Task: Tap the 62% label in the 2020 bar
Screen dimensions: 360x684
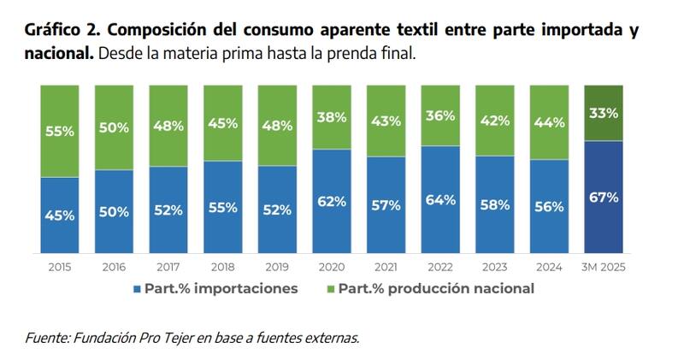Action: [331, 202]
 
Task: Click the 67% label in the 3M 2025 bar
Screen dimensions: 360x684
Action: [604, 198]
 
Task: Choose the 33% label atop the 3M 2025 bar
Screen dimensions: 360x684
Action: [604, 113]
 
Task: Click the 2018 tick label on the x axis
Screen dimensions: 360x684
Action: [222, 267]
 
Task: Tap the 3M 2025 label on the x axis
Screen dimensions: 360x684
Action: [603, 267]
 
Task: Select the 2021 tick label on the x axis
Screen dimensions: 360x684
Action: [386, 267]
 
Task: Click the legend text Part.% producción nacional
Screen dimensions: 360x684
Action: [436, 289]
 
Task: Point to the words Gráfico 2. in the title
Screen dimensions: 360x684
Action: [62, 31]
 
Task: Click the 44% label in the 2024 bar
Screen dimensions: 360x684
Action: [548, 122]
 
